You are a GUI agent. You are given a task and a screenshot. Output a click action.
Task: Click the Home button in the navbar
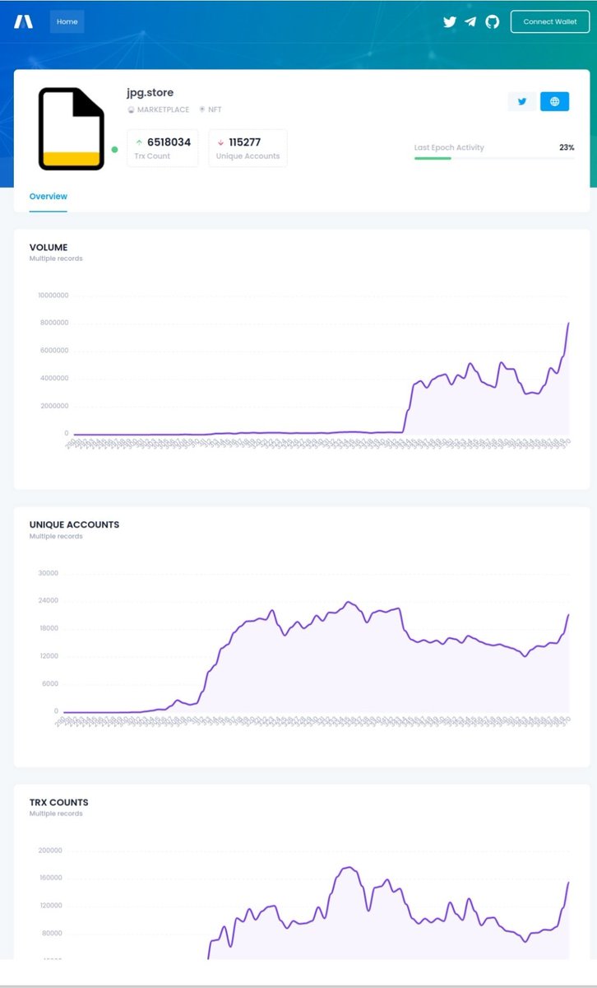click(x=67, y=21)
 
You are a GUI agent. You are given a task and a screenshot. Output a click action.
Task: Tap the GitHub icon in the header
click(x=492, y=22)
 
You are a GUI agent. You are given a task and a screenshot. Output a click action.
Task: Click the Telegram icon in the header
click(x=470, y=22)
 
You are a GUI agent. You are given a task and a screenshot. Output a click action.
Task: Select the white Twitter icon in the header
click(x=449, y=22)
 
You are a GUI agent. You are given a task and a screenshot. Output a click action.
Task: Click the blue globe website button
click(x=554, y=101)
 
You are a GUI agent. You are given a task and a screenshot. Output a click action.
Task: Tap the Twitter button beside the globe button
click(x=521, y=101)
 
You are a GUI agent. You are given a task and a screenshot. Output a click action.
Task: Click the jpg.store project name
click(x=150, y=93)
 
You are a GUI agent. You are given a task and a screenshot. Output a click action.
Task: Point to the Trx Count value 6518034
click(x=169, y=142)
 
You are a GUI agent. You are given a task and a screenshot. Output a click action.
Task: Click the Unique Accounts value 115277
click(x=245, y=142)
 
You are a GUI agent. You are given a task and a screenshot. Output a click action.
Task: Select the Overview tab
click(x=48, y=197)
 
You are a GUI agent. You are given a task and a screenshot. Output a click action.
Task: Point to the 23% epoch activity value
click(x=567, y=147)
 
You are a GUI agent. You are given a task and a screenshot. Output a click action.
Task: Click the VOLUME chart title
click(x=49, y=247)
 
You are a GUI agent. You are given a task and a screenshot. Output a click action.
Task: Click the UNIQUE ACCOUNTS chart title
click(x=74, y=524)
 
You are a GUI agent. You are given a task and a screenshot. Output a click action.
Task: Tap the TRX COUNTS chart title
click(x=58, y=802)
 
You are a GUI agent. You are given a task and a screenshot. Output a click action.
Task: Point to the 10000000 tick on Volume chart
click(x=53, y=296)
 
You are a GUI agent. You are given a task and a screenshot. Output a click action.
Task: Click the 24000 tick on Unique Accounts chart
click(x=49, y=601)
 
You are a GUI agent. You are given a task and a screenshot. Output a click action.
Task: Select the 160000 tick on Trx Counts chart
click(x=51, y=878)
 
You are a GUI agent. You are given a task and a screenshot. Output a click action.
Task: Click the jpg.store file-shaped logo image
click(x=72, y=128)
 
